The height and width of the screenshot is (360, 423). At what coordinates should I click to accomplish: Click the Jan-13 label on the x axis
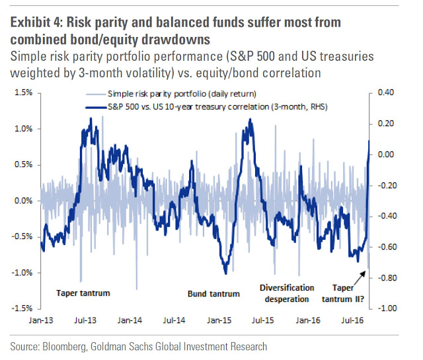pos(42,320)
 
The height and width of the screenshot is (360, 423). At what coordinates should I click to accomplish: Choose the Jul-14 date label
pos(174,320)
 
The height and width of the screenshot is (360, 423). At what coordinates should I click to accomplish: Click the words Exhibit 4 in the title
pos(34,22)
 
